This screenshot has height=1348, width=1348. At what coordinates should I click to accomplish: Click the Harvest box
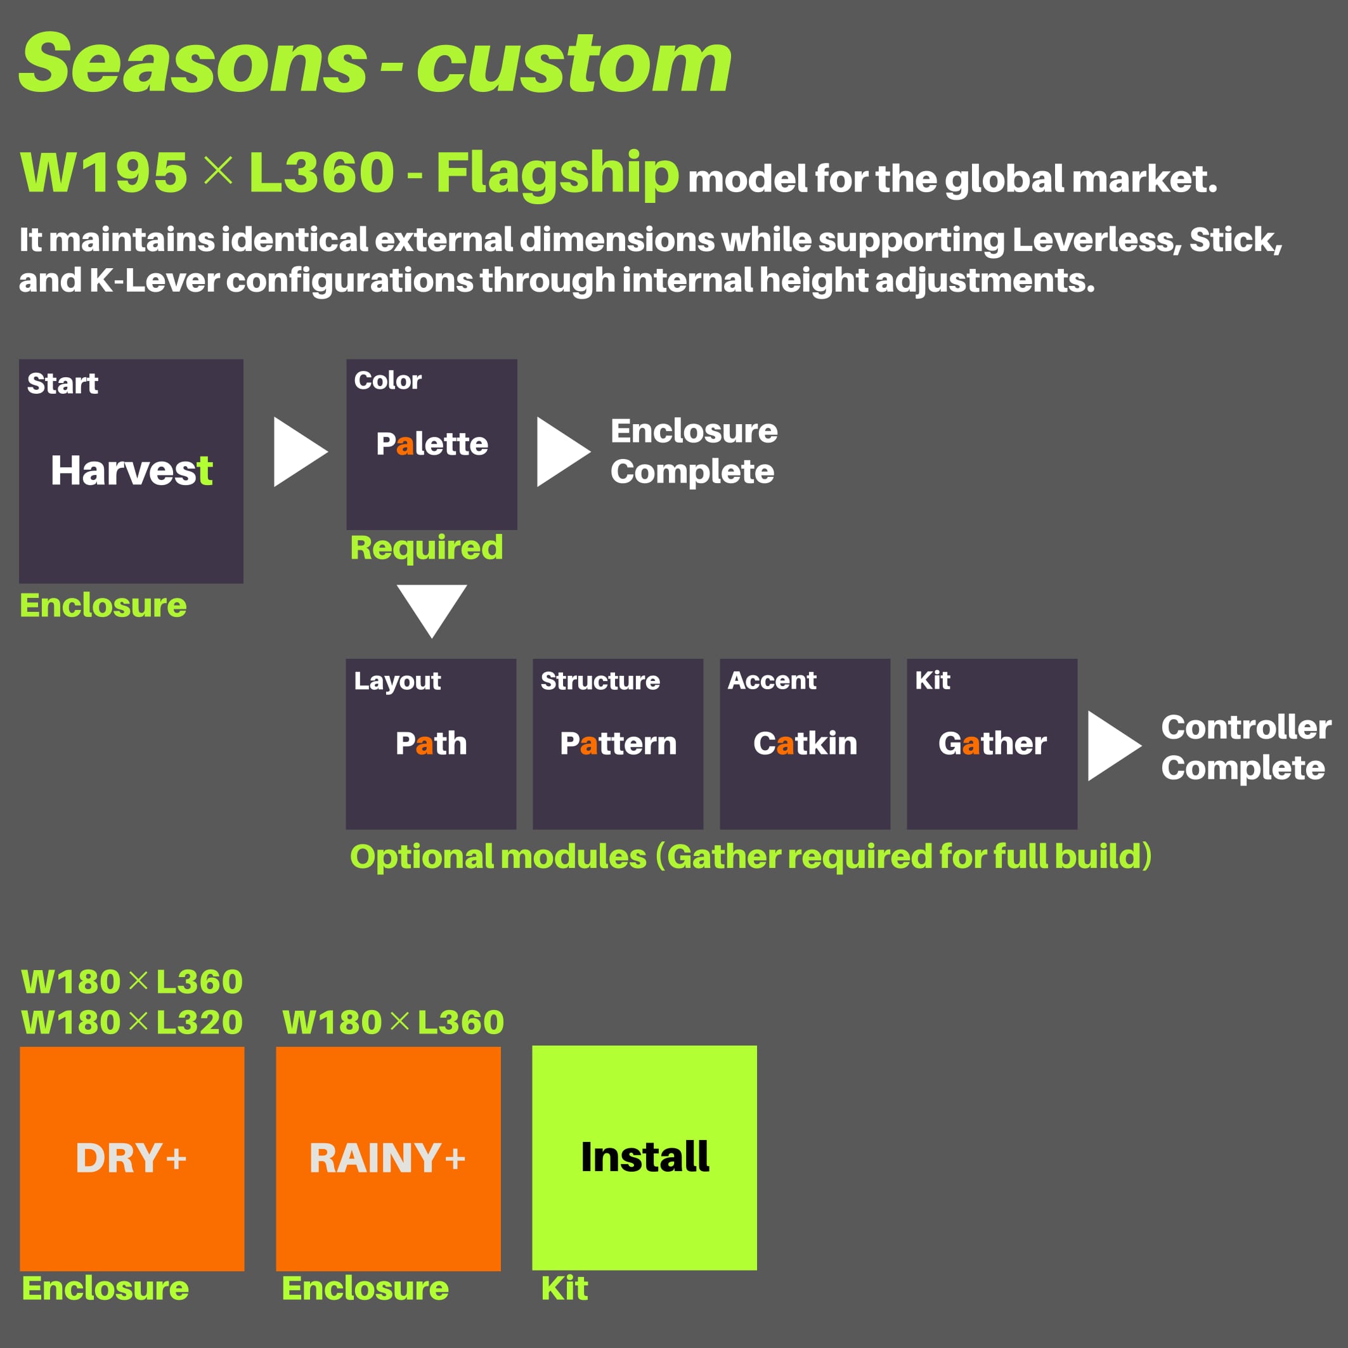131,471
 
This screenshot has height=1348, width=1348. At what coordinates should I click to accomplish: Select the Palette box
432,444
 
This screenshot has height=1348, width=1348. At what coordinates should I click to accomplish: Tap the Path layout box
431,744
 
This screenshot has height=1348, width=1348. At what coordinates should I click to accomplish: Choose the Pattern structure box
618,744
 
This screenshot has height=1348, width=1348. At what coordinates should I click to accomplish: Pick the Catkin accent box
805,744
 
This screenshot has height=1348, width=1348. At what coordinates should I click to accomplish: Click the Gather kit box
992,744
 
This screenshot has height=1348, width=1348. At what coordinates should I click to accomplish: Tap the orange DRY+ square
132,1159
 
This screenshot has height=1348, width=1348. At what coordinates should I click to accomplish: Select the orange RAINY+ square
389,1159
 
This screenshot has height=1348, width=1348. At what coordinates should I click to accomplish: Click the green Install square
645,1158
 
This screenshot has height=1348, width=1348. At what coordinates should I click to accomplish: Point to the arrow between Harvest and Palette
300,452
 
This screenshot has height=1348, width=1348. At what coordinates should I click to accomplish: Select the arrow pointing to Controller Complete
1114,746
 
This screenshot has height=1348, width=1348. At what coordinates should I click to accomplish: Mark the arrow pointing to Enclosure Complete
564,452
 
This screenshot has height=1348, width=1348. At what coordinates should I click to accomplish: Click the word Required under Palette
427,548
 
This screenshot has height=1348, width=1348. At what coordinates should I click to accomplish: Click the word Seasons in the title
193,63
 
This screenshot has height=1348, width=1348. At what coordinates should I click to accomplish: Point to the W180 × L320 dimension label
132,1023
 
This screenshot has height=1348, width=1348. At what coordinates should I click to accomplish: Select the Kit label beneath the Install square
564,1288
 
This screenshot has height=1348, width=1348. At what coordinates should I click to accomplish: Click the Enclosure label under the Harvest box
103,606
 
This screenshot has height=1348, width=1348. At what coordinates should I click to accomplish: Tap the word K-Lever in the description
154,280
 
